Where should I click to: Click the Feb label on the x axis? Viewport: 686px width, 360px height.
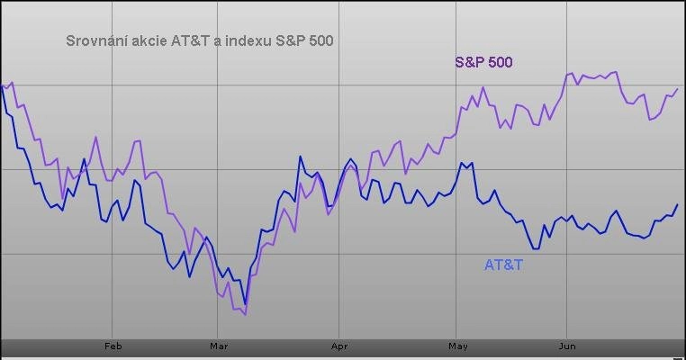113,346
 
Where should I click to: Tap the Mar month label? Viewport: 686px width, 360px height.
219,346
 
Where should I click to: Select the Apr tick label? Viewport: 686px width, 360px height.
339,346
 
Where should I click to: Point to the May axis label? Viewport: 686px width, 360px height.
458,346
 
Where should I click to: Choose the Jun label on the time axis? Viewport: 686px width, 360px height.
567,346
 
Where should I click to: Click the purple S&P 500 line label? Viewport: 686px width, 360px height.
483,62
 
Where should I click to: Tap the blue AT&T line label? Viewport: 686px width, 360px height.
503,265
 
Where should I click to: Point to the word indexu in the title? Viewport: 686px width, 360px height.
248,40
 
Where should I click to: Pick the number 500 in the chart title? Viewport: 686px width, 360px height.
321,40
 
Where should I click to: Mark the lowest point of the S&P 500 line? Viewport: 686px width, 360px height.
246,314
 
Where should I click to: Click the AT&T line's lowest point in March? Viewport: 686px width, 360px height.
246,303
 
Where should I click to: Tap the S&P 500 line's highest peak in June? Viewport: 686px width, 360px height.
617,72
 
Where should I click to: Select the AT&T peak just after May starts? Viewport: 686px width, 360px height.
461,163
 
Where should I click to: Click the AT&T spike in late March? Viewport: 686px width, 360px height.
301,157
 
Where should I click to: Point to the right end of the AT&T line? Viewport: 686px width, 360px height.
678,204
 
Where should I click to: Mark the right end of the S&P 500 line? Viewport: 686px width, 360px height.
678,89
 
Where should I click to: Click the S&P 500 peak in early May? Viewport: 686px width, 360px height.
483,87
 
